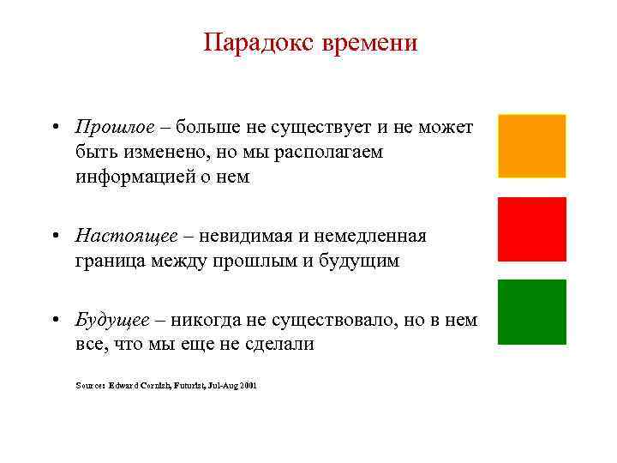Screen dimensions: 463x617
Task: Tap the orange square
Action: point(531,146)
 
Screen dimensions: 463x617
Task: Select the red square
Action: point(531,229)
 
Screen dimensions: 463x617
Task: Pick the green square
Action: point(531,311)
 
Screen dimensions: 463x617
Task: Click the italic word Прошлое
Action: point(115,128)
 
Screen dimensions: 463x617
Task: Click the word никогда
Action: point(211,321)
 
